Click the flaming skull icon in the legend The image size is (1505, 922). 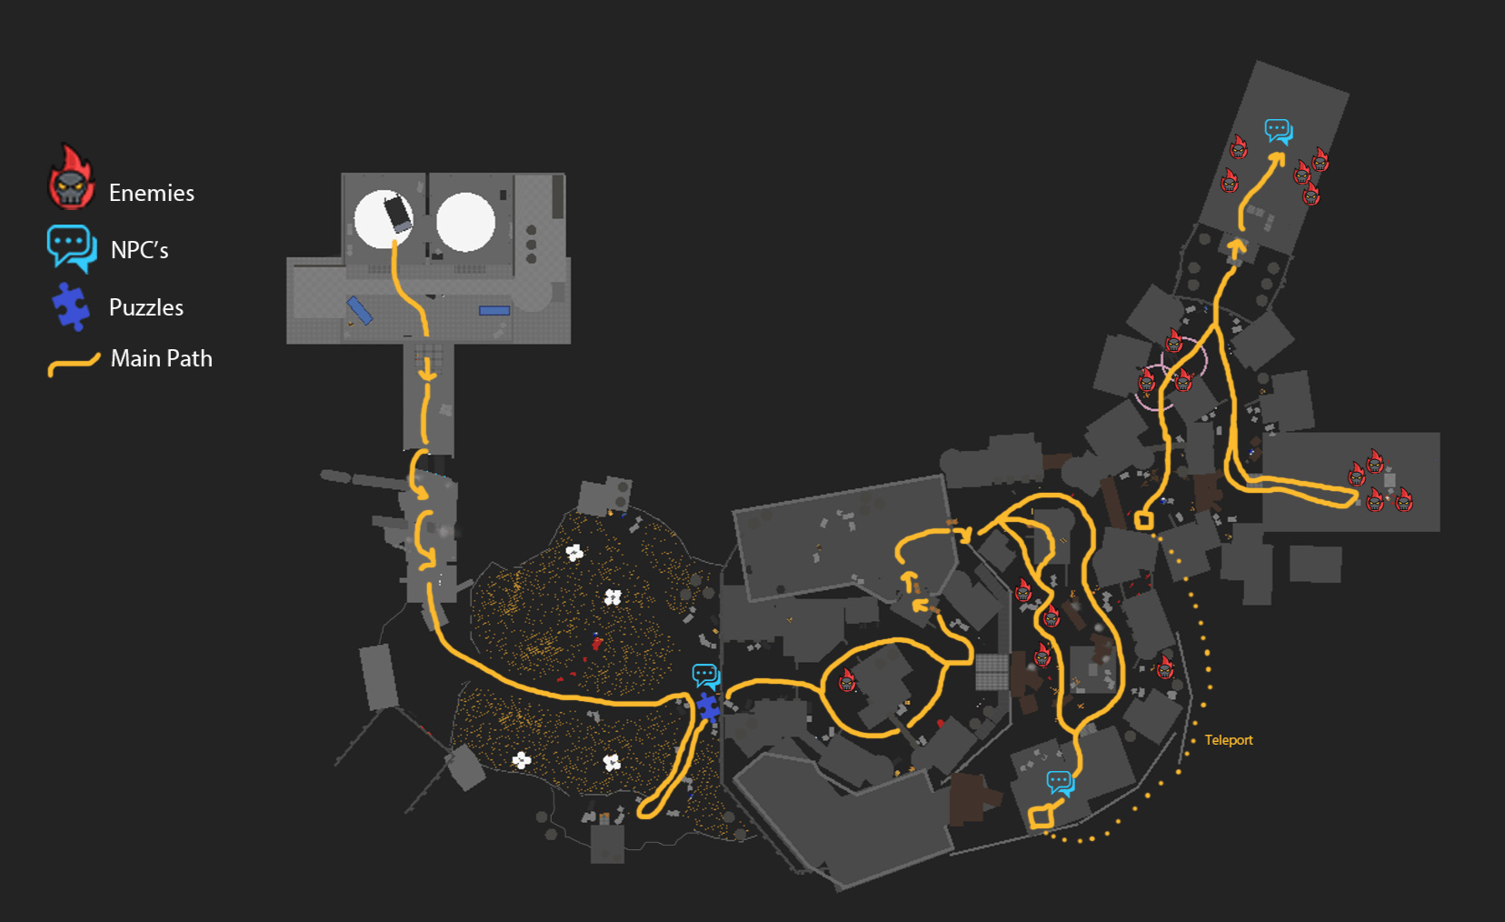click(71, 179)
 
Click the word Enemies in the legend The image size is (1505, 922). click(151, 193)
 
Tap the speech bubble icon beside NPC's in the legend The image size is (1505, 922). click(72, 247)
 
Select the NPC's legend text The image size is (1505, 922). click(139, 250)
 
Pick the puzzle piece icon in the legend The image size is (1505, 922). click(71, 306)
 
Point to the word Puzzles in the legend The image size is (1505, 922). click(145, 307)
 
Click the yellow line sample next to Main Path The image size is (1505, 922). click(73, 365)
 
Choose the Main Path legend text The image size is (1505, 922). click(161, 358)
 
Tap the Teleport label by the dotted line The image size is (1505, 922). click(1228, 740)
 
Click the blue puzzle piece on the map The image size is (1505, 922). click(708, 707)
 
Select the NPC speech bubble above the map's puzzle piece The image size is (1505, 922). click(705, 676)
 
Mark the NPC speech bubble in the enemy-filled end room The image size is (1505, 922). click(1278, 131)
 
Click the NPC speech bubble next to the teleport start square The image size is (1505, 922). click(1060, 782)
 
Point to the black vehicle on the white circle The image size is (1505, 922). click(397, 213)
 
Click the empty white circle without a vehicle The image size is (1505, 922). click(465, 222)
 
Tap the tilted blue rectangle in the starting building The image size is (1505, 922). click(359, 310)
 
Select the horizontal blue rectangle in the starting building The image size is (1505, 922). click(494, 310)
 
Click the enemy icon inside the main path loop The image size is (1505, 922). click(847, 680)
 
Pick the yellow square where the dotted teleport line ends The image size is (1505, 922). click(1143, 520)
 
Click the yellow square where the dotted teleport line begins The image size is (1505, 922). click(1041, 817)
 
